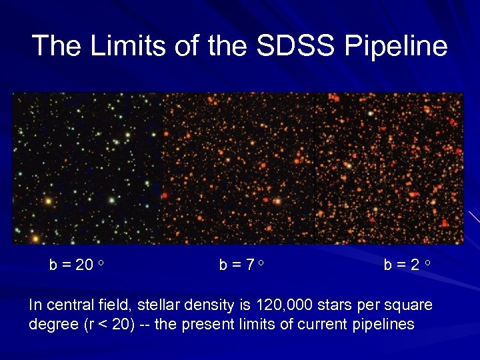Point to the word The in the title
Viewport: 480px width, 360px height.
[56, 46]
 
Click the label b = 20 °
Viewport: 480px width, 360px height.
[77, 265]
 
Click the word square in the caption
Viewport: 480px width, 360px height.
[411, 305]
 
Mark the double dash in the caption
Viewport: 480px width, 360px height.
[147, 325]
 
